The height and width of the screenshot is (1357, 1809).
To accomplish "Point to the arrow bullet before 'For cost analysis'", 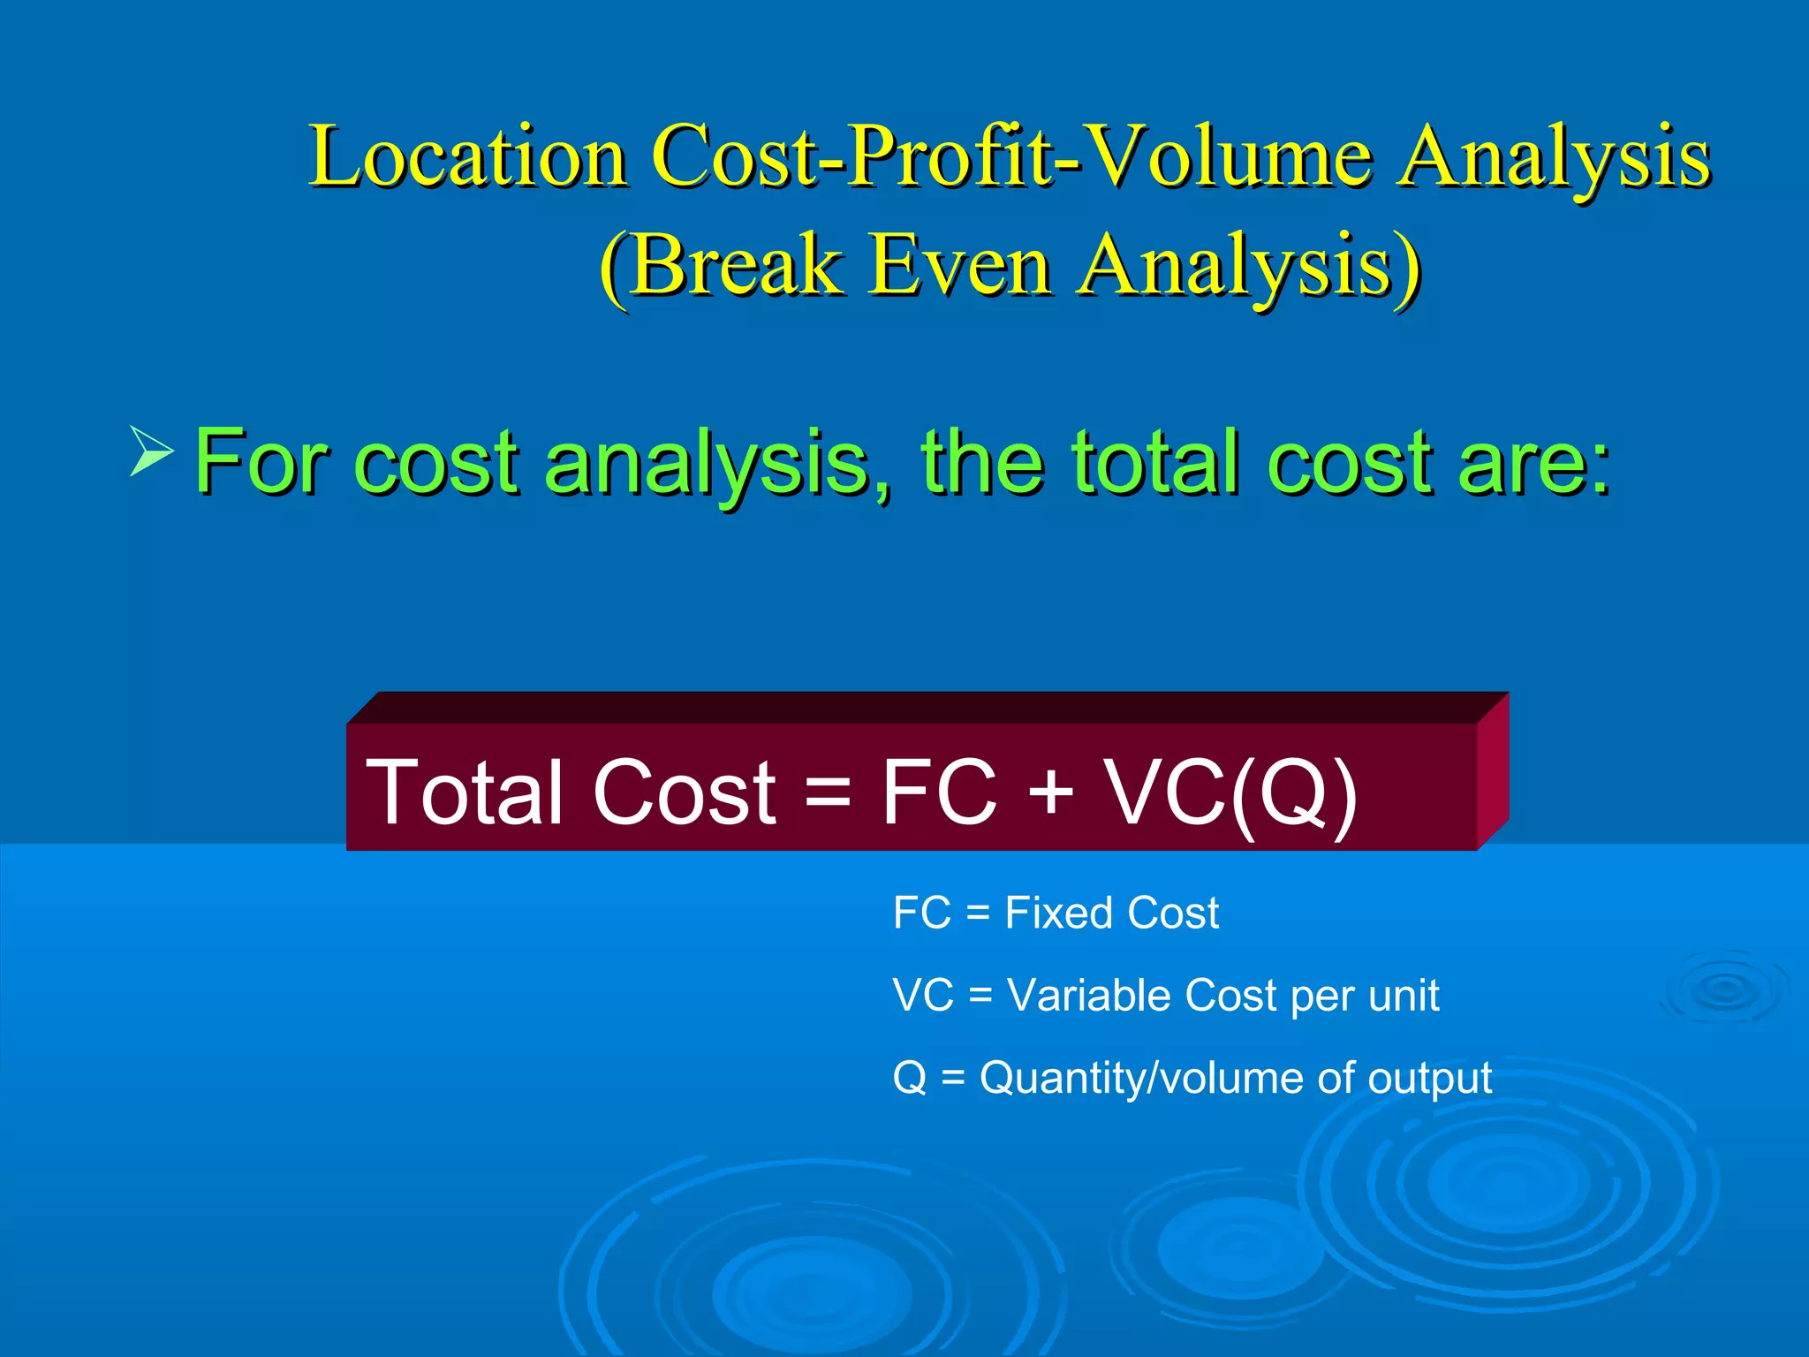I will tap(151, 451).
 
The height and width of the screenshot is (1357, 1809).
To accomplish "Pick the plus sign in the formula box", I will tap(1051, 792).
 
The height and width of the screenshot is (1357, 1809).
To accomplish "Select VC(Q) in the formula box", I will tap(1231, 792).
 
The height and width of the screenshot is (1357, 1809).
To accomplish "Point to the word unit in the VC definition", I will tap(1404, 996).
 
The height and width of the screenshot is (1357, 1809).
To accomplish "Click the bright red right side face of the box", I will tap(1493, 770).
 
